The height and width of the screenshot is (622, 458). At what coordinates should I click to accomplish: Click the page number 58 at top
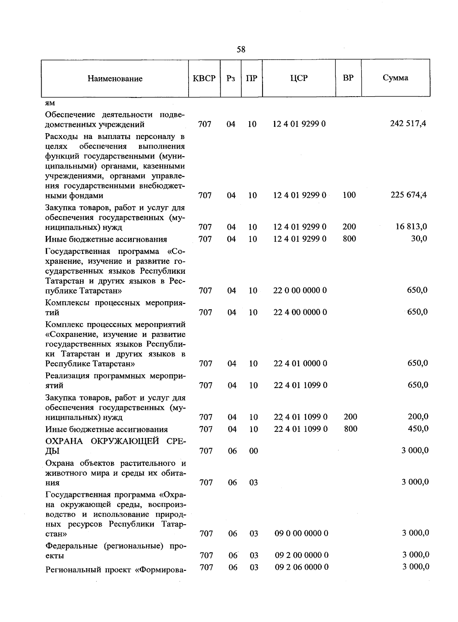(x=241, y=50)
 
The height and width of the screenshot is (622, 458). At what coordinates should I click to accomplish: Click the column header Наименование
(x=115, y=79)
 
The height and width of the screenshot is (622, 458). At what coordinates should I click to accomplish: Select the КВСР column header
(x=204, y=78)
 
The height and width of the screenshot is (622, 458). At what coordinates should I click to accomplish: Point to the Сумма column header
(x=395, y=78)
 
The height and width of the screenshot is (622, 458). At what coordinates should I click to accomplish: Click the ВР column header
(x=348, y=78)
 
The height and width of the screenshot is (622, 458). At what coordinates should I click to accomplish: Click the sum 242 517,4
(x=408, y=123)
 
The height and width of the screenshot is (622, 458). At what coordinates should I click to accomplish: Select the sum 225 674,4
(x=408, y=195)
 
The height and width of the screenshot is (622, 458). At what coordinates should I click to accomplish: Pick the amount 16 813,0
(x=411, y=226)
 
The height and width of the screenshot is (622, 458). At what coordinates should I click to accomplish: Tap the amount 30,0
(x=419, y=239)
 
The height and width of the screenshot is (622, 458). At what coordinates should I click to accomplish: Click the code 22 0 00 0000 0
(x=300, y=290)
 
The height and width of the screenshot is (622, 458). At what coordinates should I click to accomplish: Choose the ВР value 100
(x=349, y=195)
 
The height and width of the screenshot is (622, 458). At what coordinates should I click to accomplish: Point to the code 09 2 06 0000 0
(x=302, y=567)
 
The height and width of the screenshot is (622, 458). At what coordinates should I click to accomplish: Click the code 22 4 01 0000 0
(x=300, y=363)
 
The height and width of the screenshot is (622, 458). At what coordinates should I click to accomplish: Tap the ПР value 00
(x=253, y=451)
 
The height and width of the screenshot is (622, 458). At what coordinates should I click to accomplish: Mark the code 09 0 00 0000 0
(x=301, y=533)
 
